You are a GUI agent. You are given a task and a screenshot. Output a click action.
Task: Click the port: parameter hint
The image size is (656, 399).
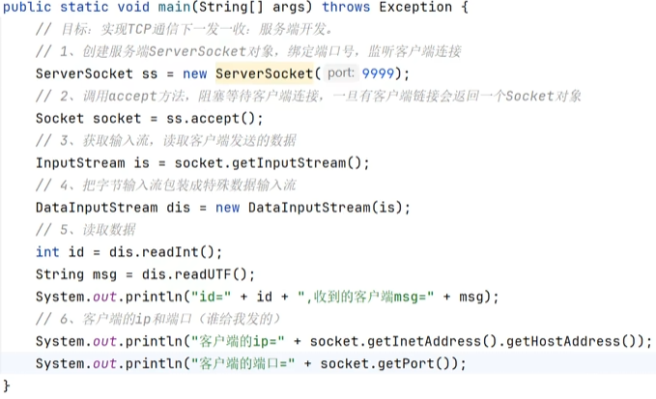[341, 74]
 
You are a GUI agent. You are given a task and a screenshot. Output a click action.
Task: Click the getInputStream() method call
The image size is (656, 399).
[289, 163]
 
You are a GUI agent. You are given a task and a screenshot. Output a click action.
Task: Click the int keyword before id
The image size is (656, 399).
[47, 252]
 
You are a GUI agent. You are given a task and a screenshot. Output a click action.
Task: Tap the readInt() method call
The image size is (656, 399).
[181, 252]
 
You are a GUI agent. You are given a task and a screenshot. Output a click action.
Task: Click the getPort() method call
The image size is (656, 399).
[424, 364]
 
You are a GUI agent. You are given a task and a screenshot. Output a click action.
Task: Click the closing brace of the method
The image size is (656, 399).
[8, 385]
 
